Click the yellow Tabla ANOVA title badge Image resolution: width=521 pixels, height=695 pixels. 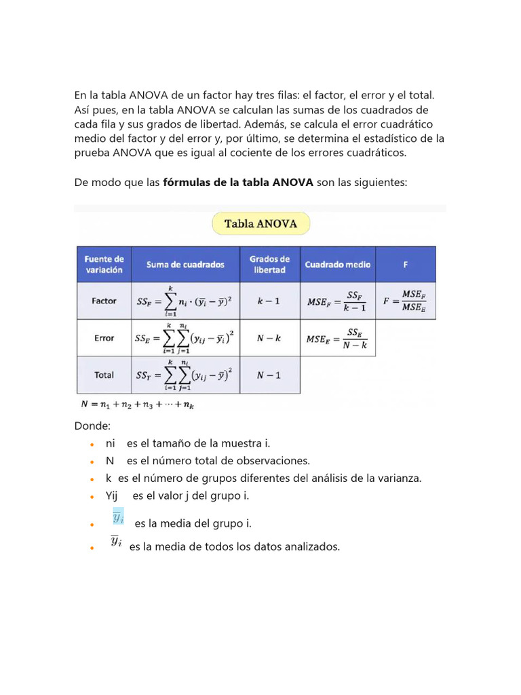[x=260, y=224]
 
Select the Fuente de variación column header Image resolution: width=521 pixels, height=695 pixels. [x=103, y=264]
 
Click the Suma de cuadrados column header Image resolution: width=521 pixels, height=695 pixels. [x=185, y=265]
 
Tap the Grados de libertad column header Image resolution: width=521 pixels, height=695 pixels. [x=269, y=264]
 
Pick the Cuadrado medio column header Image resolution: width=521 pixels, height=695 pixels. [x=337, y=265]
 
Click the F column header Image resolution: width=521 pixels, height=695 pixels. [x=406, y=265]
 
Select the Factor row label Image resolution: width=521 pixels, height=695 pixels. [x=103, y=301]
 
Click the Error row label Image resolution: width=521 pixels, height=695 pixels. [x=103, y=337]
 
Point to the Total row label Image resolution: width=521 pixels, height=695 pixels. [x=103, y=375]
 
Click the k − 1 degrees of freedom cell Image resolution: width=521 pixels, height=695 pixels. [x=269, y=301]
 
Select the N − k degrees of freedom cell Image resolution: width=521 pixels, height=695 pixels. [x=269, y=337]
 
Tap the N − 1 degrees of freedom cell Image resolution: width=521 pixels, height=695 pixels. [x=269, y=375]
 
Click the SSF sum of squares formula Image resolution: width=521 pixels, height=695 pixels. [x=185, y=301]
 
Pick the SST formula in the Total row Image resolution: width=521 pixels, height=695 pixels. [x=185, y=375]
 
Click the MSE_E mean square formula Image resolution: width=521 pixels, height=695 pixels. [x=337, y=338]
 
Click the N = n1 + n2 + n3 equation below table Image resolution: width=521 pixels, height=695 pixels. [x=138, y=405]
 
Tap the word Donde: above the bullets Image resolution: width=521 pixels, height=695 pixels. [x=92, y=426]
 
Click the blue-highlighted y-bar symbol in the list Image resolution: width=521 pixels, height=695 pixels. [x=117, y=517]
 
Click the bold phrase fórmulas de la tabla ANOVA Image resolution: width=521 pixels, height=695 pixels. [x=238, y=182]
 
